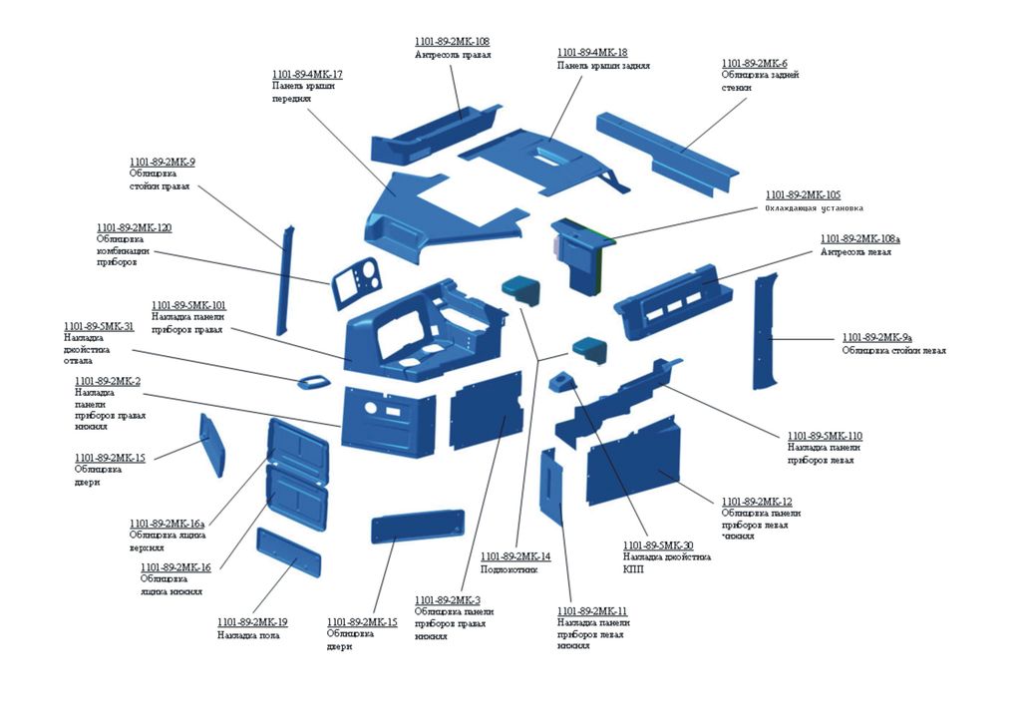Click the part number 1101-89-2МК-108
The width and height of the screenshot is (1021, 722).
click(x=452, y=42)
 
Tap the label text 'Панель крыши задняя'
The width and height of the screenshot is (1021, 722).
click(x=603, y=66)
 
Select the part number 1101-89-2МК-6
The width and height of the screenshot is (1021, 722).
click(x=754, y=63)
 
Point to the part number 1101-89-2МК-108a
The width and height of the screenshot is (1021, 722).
click(x=859, y=239)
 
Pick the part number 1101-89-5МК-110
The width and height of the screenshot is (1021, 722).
click(x=825, y=436)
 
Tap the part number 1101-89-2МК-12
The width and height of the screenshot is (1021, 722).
click(x=756, y=501)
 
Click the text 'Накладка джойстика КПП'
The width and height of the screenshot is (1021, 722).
click(x=666, y=563)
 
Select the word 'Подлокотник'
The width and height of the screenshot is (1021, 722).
click(x=509, y=569)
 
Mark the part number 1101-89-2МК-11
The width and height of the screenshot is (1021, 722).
click(x=592, y=610)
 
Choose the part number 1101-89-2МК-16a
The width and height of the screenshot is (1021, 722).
click(x=167, y=524)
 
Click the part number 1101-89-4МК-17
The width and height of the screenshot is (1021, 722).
click(x=307, y=75)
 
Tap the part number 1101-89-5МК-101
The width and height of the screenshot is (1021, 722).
click(x=188, y=305)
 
